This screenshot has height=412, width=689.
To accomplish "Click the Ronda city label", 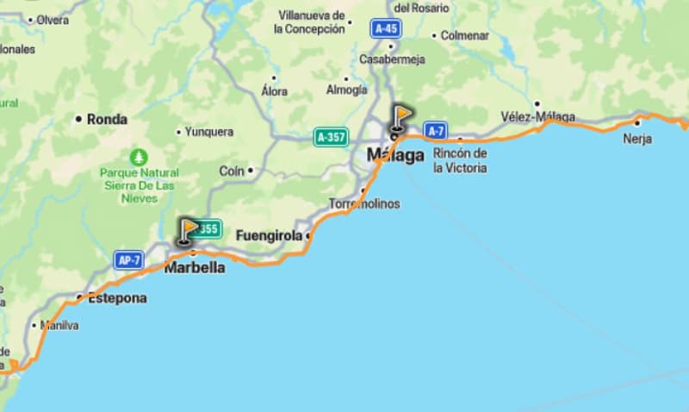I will tap(107, 120).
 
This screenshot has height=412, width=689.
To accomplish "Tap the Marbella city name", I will tap(195, 267).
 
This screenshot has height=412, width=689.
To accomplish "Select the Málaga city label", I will tap(395, 155).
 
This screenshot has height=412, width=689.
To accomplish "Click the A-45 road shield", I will tap(386, 28).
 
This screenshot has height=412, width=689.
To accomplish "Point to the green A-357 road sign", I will tap(331, 137).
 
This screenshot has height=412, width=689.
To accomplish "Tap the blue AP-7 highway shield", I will tap(127, 259).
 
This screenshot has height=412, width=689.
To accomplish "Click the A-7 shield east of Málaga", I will tap(436, 131).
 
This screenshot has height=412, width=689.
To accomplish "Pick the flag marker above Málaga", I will tap(400, 118).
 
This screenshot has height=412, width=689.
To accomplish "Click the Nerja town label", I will tap(637, 139).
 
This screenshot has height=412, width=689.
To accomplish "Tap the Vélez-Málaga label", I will tap(537, 116).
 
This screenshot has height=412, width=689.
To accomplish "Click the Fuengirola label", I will tap(269, 234).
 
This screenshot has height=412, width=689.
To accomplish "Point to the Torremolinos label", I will tap(364, 204).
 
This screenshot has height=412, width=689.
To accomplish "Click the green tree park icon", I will tap(139, 159).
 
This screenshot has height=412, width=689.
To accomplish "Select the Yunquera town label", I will tap(209, 132).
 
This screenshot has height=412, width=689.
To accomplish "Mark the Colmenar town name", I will tap(465, 35).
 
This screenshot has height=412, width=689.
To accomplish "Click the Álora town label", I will tap(274, 91).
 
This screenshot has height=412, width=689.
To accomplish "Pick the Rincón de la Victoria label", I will tap(460, 160).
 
